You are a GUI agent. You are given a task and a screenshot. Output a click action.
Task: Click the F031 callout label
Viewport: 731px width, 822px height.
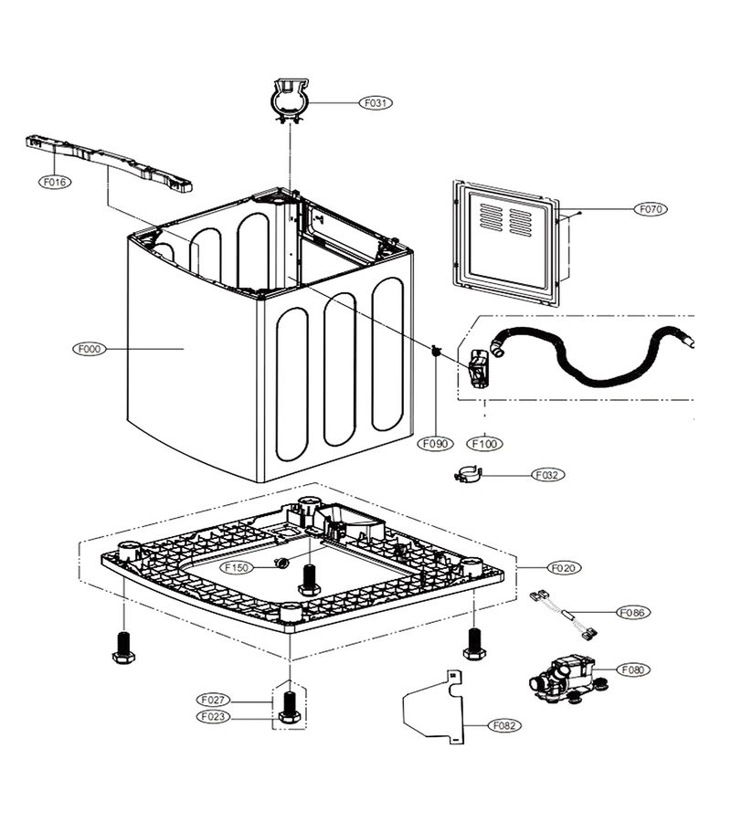(x=376, y=102)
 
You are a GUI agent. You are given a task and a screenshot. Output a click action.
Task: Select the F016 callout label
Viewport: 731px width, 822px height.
(x=55, y=182)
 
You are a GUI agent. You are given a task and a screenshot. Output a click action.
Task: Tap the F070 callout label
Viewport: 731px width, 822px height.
(x=651, y=209)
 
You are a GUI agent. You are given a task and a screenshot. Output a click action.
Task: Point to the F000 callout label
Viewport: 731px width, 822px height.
(x=90, y=349)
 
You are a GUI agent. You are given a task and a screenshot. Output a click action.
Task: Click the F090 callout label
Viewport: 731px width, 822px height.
(x=435, y=444)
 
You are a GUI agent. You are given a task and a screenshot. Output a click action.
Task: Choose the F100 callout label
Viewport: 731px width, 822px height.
(x=484, y=444)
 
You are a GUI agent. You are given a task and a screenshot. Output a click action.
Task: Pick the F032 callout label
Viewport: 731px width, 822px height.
(x=547, y=475)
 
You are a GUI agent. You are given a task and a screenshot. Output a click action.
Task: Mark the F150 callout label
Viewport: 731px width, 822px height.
(x=237, y=567)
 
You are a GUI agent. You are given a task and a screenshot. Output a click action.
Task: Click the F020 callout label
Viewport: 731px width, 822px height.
(x=564, y=568)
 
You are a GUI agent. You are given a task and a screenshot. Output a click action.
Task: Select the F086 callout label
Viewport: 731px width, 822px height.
(x=633, y=612)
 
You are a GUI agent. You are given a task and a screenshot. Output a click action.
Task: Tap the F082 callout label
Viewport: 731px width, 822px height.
(x=504, y=725)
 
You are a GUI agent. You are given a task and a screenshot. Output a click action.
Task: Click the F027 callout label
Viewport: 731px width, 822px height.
(x=213, y=700)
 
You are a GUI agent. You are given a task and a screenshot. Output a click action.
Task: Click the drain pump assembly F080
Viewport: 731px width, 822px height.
(x=567, y=680)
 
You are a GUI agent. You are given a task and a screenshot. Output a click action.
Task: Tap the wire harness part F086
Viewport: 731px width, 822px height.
(x=565, y=615)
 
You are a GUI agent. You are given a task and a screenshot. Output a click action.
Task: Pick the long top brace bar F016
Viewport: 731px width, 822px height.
(x=109, y=163)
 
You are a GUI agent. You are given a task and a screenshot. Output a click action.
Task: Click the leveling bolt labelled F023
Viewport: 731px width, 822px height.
(x=289, y=708)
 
